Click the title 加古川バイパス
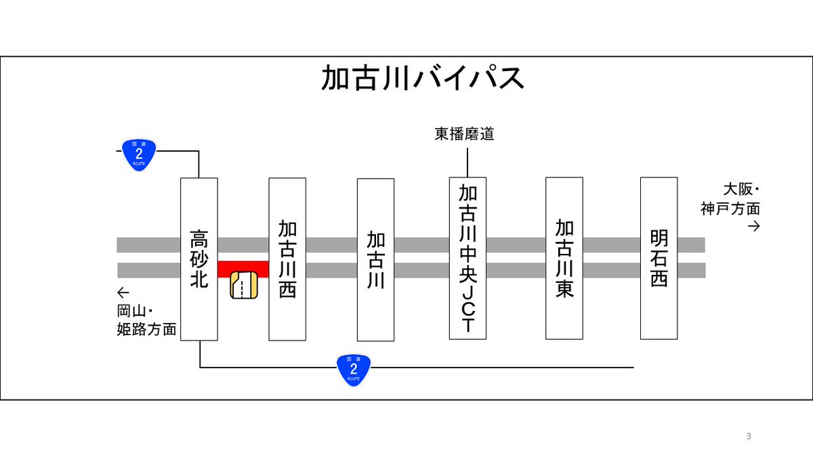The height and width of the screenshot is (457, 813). [x=423, y=78]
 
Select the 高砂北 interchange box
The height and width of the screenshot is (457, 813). [x=199, y=259]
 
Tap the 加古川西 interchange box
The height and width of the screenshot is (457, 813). [x=287, y=259]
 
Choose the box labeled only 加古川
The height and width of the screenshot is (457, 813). [x=375, y=260]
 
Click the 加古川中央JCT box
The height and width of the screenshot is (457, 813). [x=467, y=258]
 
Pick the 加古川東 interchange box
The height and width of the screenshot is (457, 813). [x=564, y=258]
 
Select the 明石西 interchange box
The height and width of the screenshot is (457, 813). [x=659, y=258]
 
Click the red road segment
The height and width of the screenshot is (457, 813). [x=243, y=269]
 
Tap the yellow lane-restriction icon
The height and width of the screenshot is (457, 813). [x=244, y=285]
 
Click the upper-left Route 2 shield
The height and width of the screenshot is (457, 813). [x=139, y=154]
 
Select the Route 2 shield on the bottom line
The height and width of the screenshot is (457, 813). [x=354, y=370]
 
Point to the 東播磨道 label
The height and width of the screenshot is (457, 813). [x=464, y=134]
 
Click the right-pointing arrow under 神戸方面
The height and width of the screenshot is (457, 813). [x=754, y=226]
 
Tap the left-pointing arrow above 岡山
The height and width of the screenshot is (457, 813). [x=123, y=292]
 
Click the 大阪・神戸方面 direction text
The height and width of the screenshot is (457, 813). [x=730, y=199]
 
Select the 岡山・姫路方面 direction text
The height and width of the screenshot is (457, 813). [x=146, y=320]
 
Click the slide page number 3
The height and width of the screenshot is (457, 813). [x=749, y=436]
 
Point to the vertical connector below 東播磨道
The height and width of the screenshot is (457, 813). [x=467, y=162]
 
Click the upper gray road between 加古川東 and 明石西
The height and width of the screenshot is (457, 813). [x=612, y=245]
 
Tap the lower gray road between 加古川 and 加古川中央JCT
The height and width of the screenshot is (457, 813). [x=421, y=271]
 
